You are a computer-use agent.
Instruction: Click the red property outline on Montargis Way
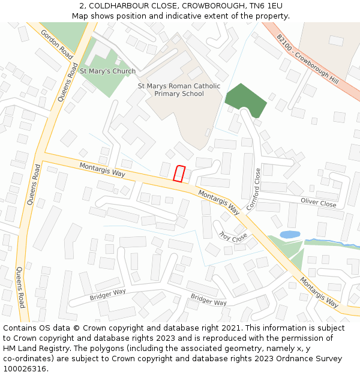click(178, 173)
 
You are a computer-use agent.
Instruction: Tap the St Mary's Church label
click(107, 71)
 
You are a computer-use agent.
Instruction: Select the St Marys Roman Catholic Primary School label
click(179, 89)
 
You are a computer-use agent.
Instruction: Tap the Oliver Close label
click(318, 203)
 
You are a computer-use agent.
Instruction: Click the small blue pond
click(290, 234)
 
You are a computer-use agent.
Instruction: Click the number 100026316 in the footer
click(23, 369)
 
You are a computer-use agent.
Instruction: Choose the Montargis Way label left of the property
click(102, 170)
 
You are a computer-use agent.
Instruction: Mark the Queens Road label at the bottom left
click(21, 287)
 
